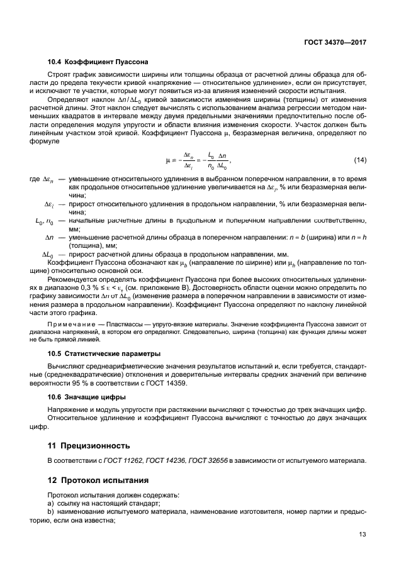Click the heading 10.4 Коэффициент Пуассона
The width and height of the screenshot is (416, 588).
coord(98,63)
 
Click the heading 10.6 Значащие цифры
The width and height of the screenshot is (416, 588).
coord(87,397)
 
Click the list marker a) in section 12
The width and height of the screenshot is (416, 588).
coord(51,502)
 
